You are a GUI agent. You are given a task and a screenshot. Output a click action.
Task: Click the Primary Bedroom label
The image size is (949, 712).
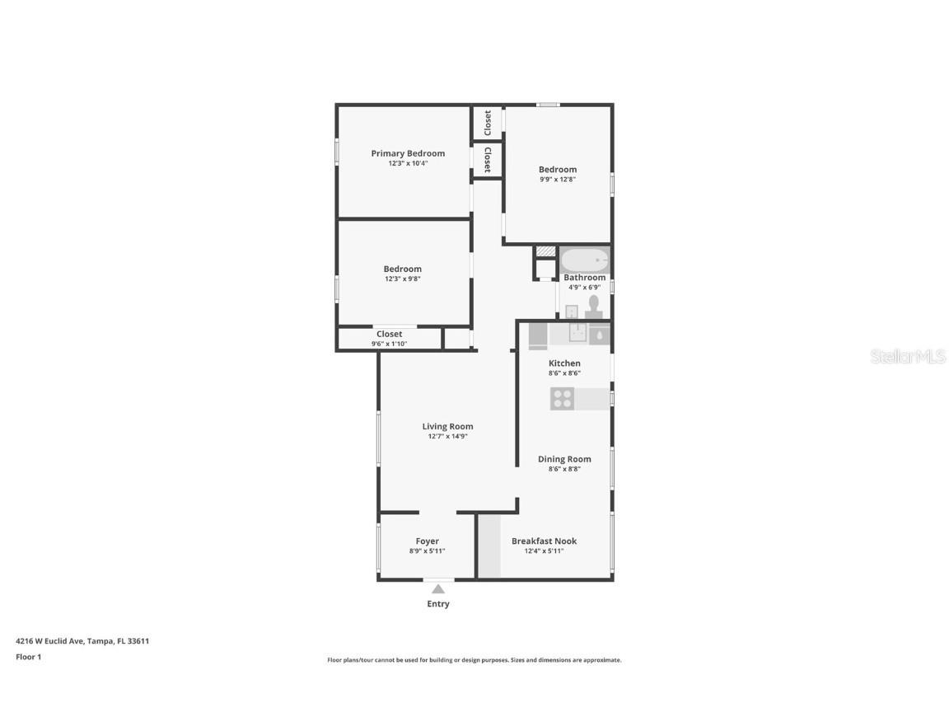coord(408,153)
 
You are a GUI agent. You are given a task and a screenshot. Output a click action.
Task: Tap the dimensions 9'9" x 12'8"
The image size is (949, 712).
coord(558,179)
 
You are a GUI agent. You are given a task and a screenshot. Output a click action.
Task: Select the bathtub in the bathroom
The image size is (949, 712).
coord(585,260)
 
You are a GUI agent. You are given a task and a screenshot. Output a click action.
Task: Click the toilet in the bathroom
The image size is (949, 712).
coord(594,307)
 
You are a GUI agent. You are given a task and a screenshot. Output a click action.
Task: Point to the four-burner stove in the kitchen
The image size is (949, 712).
coord(563,399)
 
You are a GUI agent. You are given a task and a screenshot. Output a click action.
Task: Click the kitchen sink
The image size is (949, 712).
coord(578,334)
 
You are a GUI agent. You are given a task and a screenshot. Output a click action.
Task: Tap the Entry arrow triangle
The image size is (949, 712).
coord(438,588)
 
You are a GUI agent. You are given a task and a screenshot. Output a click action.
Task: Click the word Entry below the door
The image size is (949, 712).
coord(438,604)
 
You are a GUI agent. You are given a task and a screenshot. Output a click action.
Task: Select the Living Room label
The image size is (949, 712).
coord(447,426)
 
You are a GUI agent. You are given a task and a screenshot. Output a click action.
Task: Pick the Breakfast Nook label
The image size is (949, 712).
coord(544,541)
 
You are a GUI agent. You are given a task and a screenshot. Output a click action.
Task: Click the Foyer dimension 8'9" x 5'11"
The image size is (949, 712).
coord(427,551)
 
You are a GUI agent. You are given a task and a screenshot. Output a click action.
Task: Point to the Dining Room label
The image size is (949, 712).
coord(564,459)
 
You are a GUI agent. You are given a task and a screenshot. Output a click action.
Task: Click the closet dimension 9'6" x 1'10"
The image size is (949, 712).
coord(389,344)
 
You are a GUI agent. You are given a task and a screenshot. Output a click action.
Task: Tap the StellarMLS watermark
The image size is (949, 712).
coord(908,356)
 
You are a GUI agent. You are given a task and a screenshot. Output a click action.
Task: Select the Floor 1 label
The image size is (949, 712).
coord(28,657)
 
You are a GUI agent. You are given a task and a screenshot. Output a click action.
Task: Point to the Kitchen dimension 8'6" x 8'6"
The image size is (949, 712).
coord(564,372)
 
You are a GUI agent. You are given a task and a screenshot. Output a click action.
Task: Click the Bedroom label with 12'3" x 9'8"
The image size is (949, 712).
coord(402,269)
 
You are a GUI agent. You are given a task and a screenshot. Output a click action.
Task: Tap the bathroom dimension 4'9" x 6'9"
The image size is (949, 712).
coord(584,288)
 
